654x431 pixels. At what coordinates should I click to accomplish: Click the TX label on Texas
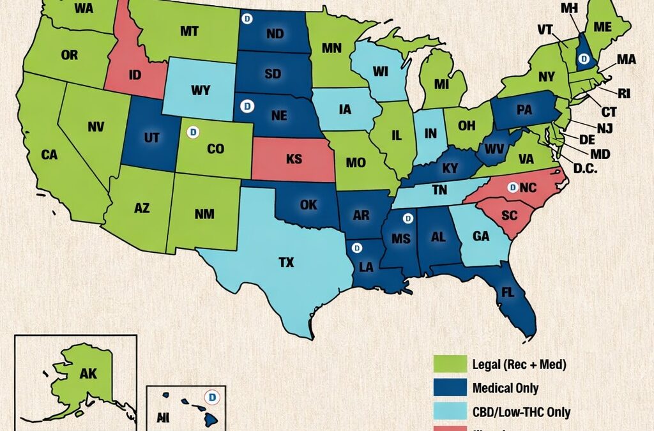[287, 262]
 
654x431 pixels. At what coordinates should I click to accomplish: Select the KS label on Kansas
[294, 159]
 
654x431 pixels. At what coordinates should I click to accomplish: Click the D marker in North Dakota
[247, 19]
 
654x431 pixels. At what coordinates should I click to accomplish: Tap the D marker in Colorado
[190, 132]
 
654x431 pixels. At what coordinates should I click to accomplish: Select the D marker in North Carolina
[511, 187]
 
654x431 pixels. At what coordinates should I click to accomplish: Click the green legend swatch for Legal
[448, 365]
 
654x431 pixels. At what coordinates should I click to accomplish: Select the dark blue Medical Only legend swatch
[448, 388]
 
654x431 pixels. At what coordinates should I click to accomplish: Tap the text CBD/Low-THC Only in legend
[521, 412]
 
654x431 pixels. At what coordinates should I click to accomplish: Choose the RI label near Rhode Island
[624, 93]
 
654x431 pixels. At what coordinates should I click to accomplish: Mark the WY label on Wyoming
[200, 90]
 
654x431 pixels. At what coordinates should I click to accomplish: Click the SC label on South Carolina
[509, 215]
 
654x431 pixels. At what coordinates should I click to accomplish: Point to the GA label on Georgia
[480, 236]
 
